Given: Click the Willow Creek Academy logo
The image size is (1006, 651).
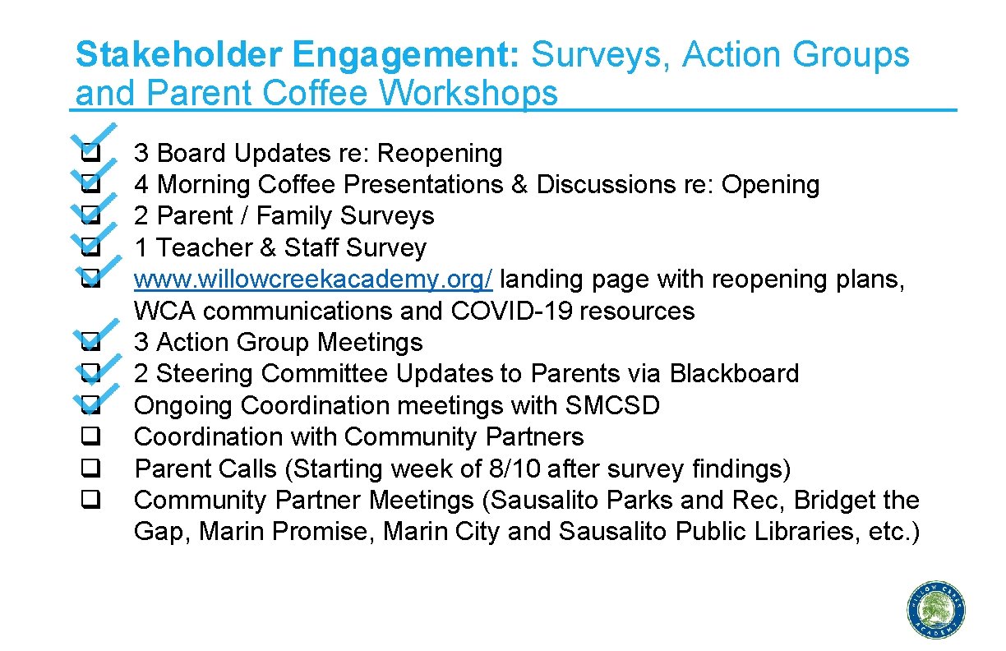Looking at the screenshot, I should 937,609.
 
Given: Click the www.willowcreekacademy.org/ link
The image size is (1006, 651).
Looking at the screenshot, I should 313,279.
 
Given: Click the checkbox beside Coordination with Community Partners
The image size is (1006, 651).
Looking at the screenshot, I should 90,437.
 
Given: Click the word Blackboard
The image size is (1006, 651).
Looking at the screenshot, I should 734,374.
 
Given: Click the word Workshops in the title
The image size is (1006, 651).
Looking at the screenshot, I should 468,94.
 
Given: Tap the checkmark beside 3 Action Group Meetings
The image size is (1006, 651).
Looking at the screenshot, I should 92,337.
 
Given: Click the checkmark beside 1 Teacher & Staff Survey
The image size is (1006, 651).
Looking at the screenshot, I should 92,241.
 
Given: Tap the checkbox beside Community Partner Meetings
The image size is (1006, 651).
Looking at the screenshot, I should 90,501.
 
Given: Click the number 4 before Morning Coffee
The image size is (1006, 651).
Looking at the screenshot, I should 141,185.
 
